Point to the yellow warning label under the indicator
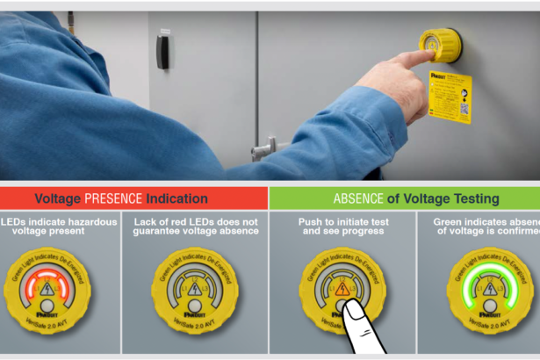(x=450, y=97)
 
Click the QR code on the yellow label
(x=464, y=111)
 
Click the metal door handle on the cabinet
(x=263, y=149)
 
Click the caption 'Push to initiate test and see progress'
(x=342, y=227)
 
